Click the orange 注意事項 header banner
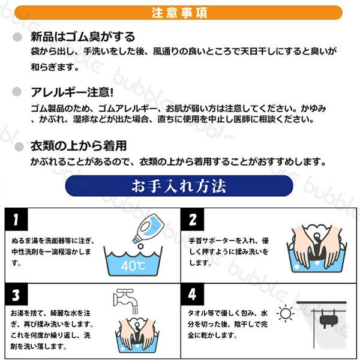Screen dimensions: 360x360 tap(178, 13)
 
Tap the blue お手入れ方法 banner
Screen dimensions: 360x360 tap(179, 186)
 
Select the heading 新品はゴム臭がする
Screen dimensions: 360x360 tap(83, 37)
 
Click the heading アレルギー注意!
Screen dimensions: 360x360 tap(73, 92)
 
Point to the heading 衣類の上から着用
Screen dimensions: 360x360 tap(79, 146)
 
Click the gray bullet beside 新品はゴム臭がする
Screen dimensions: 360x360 tap(17, 37)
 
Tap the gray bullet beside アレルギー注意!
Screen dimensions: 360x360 tap(17, 92)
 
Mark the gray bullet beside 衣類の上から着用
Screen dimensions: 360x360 tap(19, 146)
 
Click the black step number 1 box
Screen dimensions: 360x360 tap(16, 219)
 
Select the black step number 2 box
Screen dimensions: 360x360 tap(193, 219)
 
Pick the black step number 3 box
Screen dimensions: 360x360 tap(16, 295)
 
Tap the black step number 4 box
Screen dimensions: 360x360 tap(193, 295)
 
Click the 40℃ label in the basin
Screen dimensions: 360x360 tap(133, 266)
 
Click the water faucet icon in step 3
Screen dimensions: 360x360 tap(125, 298)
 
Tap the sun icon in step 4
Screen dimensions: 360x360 tap(286, 313)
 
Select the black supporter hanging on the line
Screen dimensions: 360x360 tap(329, 319)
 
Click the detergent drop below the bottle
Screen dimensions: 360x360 tap(140, 247)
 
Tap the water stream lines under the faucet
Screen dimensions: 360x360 tap(135, 311)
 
